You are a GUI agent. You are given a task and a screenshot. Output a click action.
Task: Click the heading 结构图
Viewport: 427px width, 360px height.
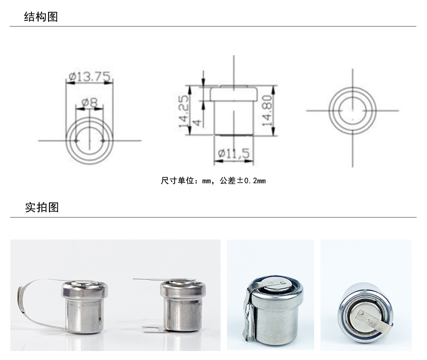(41, 17)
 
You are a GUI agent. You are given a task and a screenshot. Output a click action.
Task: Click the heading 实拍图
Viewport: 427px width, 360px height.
(42, 207)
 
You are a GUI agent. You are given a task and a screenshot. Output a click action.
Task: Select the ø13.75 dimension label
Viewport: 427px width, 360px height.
(90, 77)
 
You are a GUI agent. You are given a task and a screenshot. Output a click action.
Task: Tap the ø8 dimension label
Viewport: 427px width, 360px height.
(89, 103)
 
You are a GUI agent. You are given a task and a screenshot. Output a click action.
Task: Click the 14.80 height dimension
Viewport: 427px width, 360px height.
(267, 110)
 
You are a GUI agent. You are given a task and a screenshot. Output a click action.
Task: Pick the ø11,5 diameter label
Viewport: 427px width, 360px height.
(233, 154)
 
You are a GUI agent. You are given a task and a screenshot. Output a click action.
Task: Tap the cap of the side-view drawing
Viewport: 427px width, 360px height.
(233, 93)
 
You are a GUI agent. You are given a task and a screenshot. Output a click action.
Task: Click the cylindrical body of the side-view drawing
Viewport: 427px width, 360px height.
(233, 118)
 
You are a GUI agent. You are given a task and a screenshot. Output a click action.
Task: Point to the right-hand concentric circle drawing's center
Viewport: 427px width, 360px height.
(352, 111)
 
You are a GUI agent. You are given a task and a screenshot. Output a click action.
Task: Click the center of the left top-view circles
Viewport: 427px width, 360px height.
(89, 141)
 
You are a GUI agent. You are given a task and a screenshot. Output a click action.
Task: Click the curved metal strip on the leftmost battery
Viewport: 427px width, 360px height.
(28, 306)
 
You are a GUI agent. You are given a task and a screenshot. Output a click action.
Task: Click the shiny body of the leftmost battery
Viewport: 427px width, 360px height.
(85, 315)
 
